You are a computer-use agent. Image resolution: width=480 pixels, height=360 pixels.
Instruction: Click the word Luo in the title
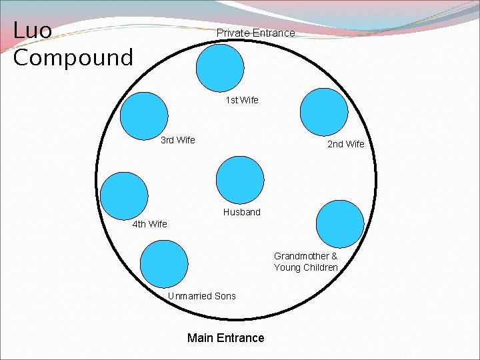click(x=33, y=30)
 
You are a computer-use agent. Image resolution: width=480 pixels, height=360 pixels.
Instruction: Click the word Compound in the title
click(x=73, y=58)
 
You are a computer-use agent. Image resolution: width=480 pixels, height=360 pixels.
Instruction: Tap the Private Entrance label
click(x=255, y=33)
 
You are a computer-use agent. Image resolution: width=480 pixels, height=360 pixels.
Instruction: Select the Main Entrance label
click(x=225, y=338)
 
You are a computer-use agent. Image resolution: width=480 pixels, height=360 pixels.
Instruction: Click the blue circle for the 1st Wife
click(x=221, y=68)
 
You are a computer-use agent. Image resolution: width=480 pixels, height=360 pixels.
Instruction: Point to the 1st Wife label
click(x=241, y=100)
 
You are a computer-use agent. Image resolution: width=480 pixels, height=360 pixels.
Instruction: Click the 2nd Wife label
click(x=345, y=144)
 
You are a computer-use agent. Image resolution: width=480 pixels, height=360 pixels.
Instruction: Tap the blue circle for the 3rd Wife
click(x=144, y=117)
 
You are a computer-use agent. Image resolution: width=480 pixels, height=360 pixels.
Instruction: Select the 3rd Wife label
click(x=178, y=140)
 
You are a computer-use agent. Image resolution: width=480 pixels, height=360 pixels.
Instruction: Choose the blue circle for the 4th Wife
click(x=123, y=195)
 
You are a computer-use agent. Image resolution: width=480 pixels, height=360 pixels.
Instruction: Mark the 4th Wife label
click(x=149, y=224)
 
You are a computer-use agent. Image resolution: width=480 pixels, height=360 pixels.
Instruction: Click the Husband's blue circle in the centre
click(x=241, y=180)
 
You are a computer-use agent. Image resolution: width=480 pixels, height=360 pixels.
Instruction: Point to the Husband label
click(x=241, y=212)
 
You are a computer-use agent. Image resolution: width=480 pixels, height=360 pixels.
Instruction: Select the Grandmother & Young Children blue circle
click(x=340, y=224)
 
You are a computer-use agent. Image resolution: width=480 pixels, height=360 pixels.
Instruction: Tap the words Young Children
click(x=305, y=267)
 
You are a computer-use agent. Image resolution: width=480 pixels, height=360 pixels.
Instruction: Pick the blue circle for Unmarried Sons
click(x=164, y=264)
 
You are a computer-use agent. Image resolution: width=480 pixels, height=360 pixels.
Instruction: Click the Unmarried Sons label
click(x=201, y=296)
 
